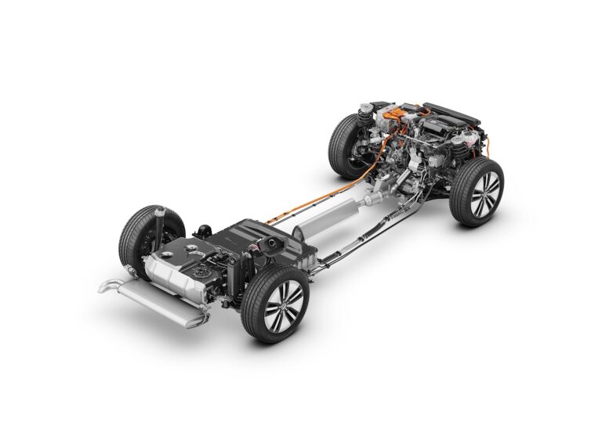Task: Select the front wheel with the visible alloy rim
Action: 477,193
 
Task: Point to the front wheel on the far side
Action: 346,146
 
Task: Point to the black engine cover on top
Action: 451,114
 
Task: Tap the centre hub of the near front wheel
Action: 484,193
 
